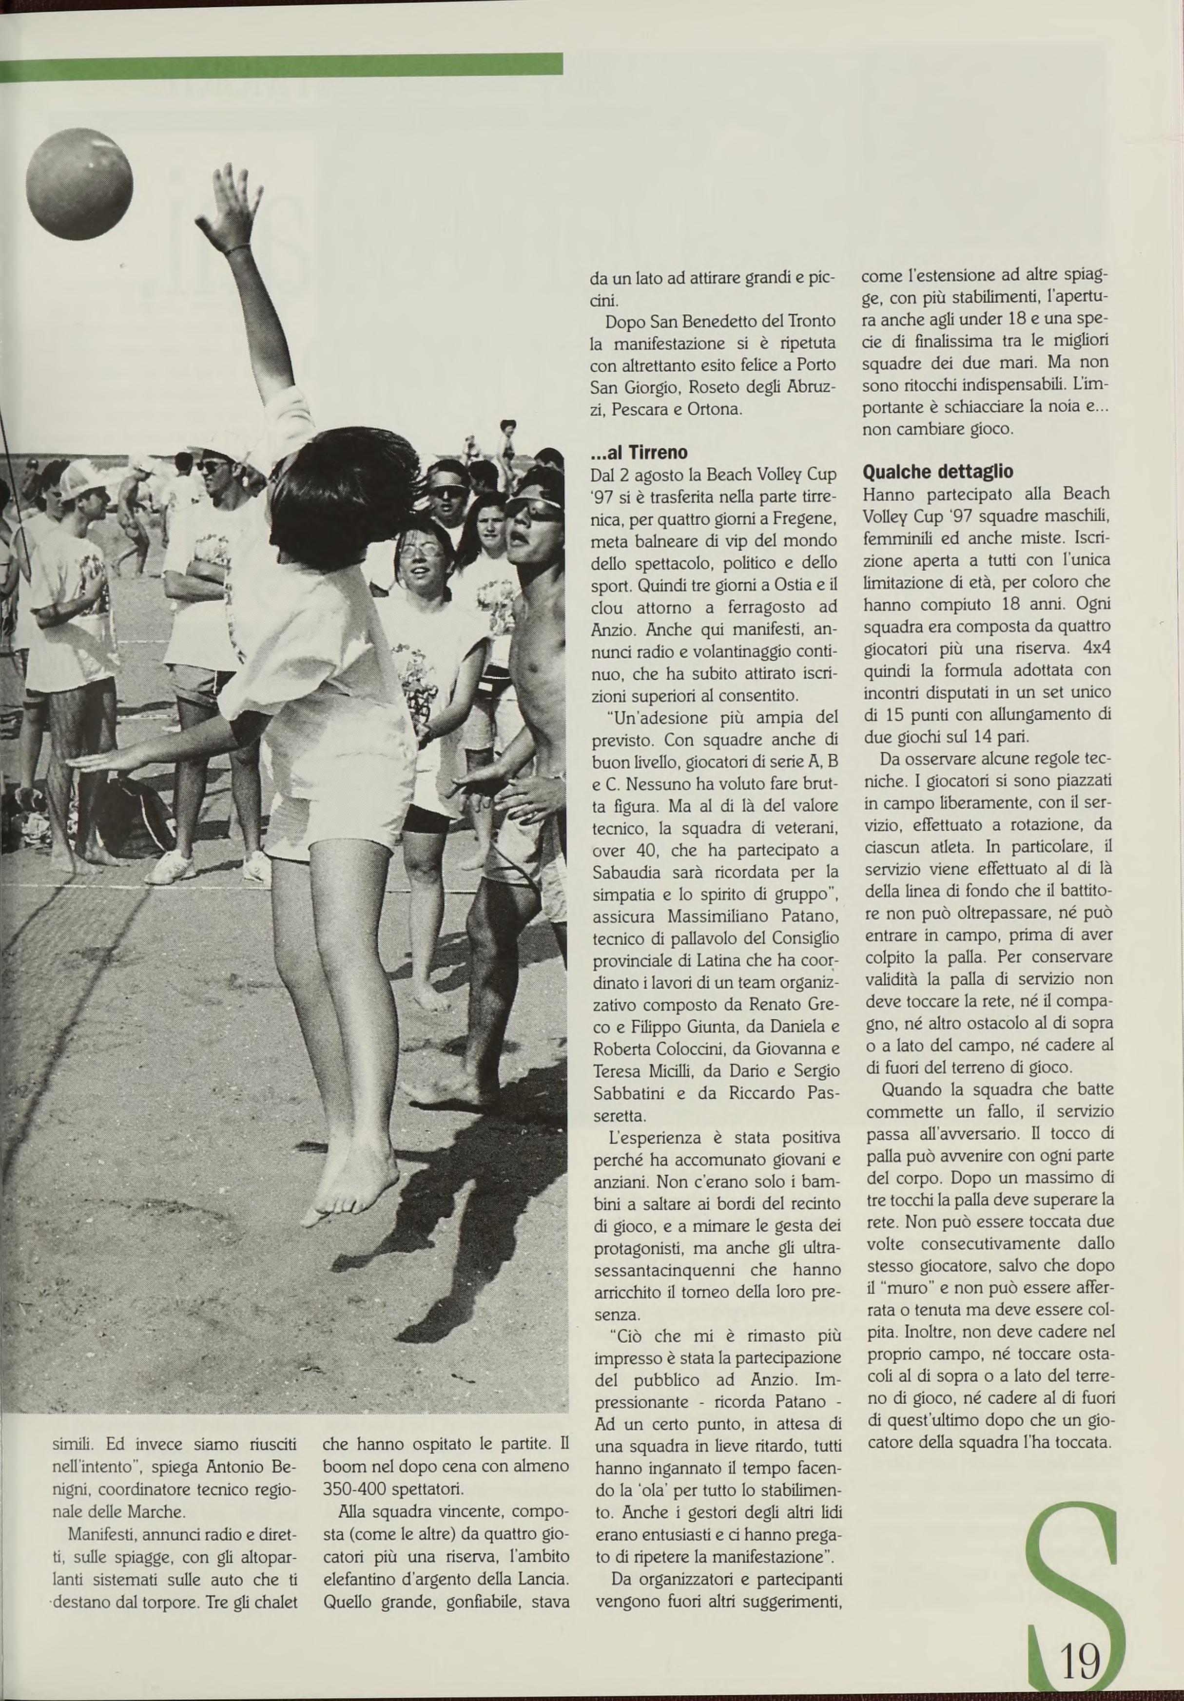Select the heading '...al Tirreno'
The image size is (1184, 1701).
(x=638, y=452)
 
